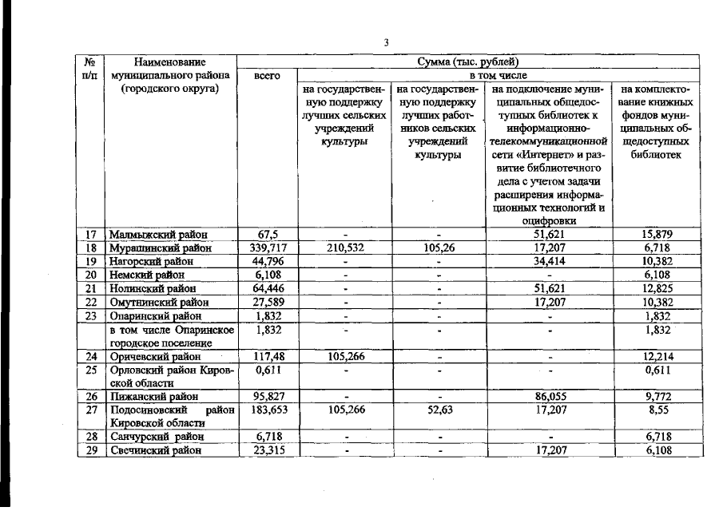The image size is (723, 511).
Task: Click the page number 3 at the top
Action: (386, 42)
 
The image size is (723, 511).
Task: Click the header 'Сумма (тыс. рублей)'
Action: (468, 61)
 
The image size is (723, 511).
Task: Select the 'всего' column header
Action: (266, 76)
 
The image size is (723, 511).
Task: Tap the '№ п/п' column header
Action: (90, 68)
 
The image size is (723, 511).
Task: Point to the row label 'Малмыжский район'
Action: (157, 235)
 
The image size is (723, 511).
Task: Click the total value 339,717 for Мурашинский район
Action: (268, 248)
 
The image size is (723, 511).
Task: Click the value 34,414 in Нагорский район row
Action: (549, 261)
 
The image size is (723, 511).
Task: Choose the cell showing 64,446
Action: (268, 287)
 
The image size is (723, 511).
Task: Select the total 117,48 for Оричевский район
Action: (268, 357)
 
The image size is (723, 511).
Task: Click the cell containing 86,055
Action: (549, 396)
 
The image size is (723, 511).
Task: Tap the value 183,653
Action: (268, 409)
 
